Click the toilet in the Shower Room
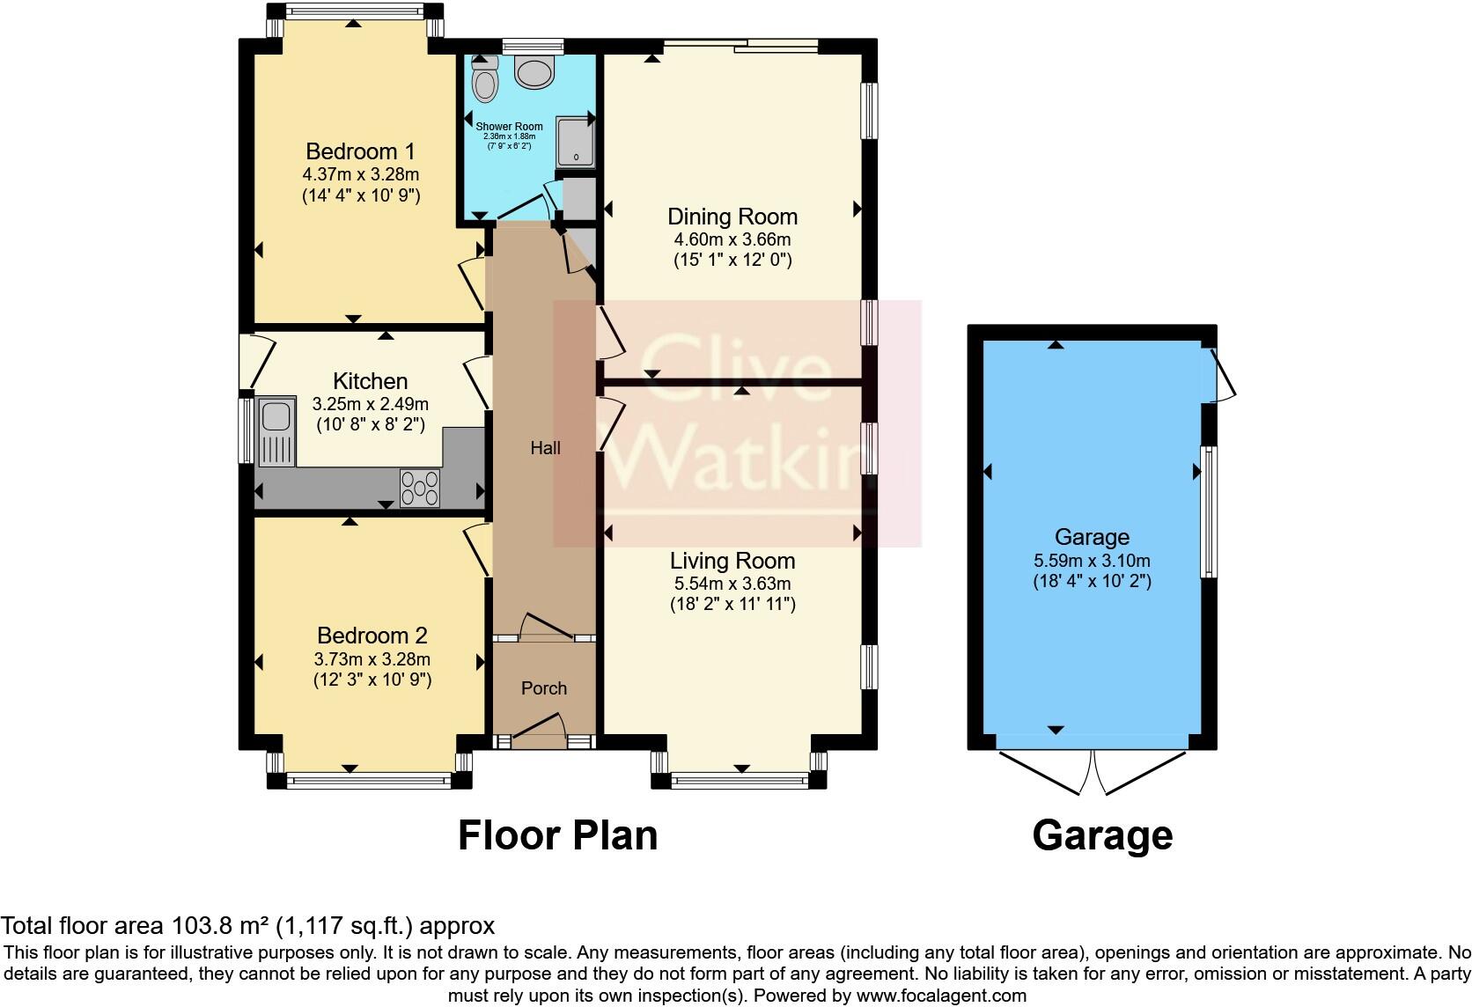click(485, 79)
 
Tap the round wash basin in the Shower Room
click(534, 71)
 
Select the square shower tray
click(576, 142)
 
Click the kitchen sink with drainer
click(276, 431)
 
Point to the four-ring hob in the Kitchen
click(420, 489)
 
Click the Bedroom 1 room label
click(361, 151)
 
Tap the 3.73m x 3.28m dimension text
click(372, 658)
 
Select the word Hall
click(546, 448)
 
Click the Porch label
click(544, 687)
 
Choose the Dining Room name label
click(732, 217)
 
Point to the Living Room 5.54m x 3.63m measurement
click(732, 584)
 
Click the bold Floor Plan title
click(558, 835)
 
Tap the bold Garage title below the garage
click(1103, 836)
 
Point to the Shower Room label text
click(509, 126)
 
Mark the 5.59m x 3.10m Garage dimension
click(1093, 561)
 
